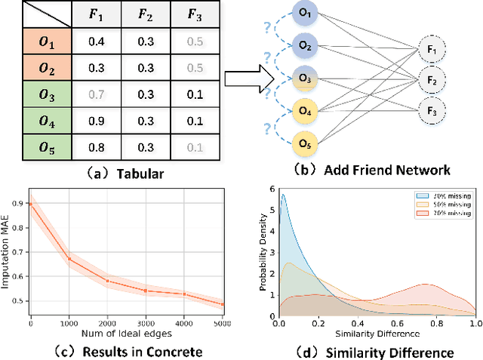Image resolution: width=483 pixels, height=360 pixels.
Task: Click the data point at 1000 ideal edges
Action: coord(69,259)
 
